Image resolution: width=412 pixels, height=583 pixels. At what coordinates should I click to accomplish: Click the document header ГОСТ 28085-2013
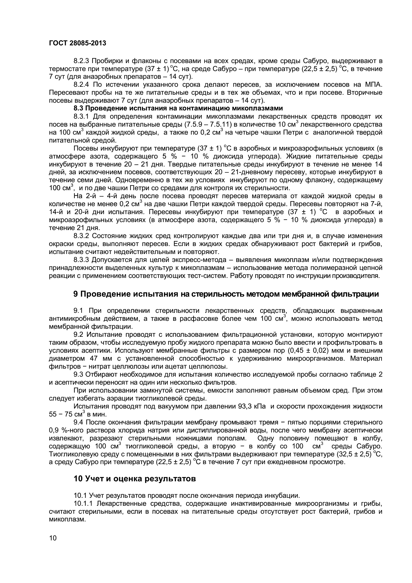tap(78, 43)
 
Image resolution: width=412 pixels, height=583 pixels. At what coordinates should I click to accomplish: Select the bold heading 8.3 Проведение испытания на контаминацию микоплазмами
tap(178, 108)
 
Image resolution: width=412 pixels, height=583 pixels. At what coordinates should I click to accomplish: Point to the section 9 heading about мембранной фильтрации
tap(226, 294)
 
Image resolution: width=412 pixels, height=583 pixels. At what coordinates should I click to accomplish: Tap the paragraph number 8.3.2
tap(81, 236)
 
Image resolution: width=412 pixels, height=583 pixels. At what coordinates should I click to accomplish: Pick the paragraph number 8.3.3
tap(81, 260)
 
